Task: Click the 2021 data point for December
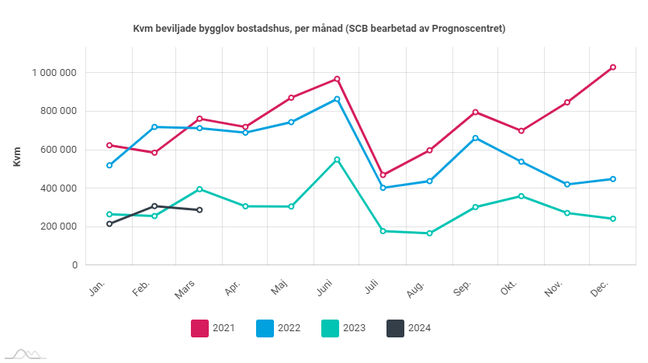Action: [x=612, y=67]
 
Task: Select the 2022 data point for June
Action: [x=337, y=99]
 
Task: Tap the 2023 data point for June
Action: [x=337, y=160]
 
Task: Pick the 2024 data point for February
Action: [x=154, y=206]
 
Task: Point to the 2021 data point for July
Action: [x=383, y=175]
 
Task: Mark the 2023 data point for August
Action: [x=429, y=233]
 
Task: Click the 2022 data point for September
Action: [x=475, y=138]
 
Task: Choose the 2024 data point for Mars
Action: [x=199, y=210]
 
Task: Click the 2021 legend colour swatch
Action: [x=200, y=328]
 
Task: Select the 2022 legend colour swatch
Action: [x=265, y=328]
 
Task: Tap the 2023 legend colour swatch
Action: [x=331, y=328]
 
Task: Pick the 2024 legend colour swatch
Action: [x=396, y=328]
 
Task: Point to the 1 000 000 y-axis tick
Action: [x=54, y=73]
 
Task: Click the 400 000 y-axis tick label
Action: [x=57, y=188]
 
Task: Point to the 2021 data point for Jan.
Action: [x=109, y=145]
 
